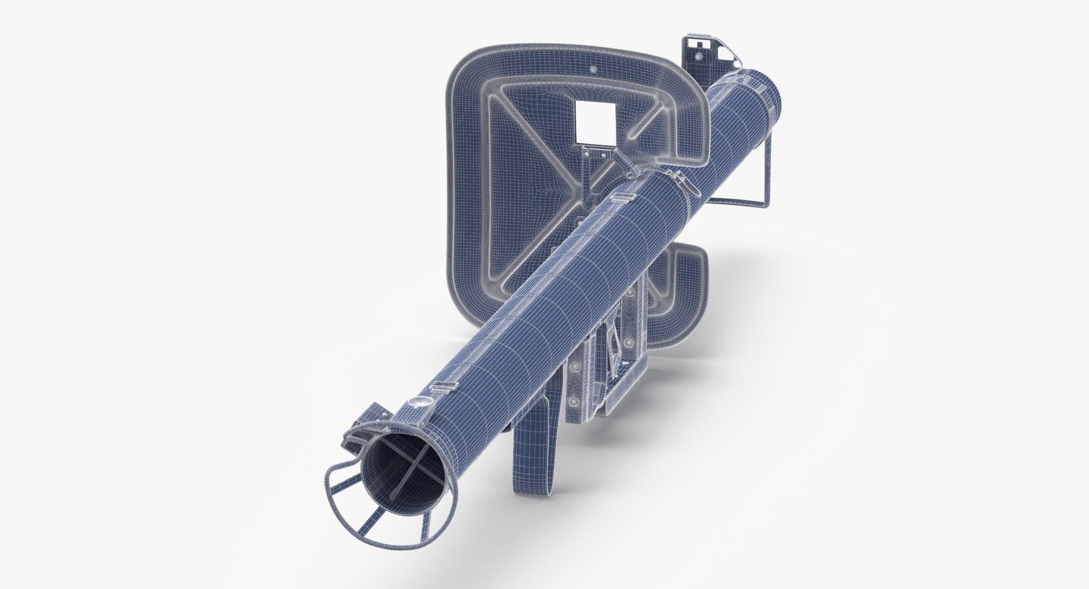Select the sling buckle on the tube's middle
619,197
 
